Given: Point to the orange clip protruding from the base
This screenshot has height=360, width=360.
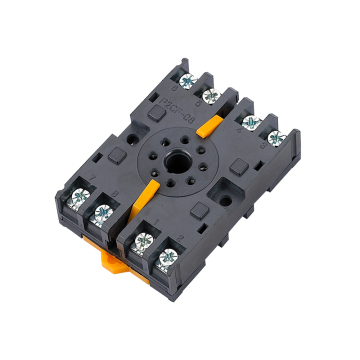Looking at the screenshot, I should pyautogui.click(x=111, y=262).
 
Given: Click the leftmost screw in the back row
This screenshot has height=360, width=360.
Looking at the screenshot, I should pyautogui.click(x=185, y=79).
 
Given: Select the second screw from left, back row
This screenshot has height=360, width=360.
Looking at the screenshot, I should pyautogui.click(x=209, y=95).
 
